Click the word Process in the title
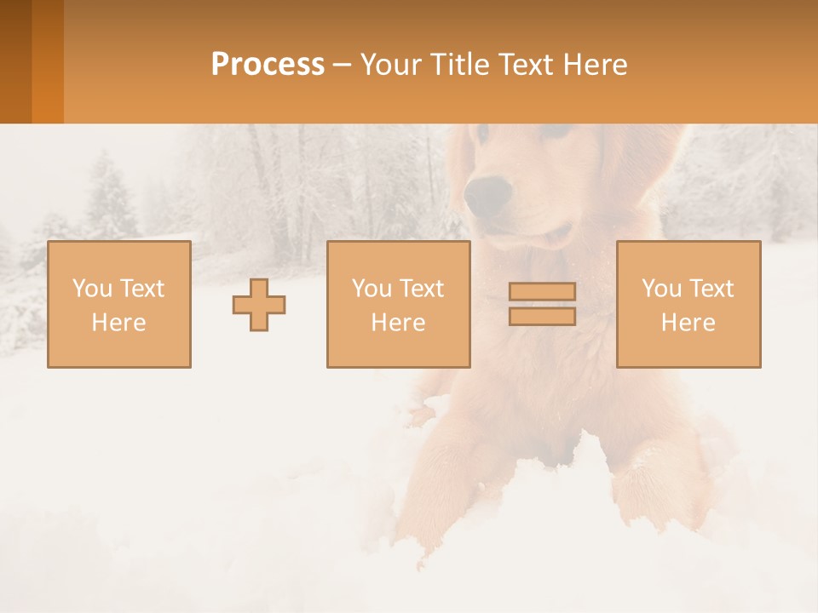coord(268,65)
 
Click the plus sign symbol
coord(259,304)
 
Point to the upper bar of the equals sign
coord(542,292)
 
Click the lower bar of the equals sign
coord(542,316)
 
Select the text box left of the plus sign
coord(118,304)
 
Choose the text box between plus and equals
coord(398,304)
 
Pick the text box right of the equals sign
coord(688,304)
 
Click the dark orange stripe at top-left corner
coord(15,61)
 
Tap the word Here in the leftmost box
coord(118,323)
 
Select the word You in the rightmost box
coord(661,289)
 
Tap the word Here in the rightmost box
coord(688,323)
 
